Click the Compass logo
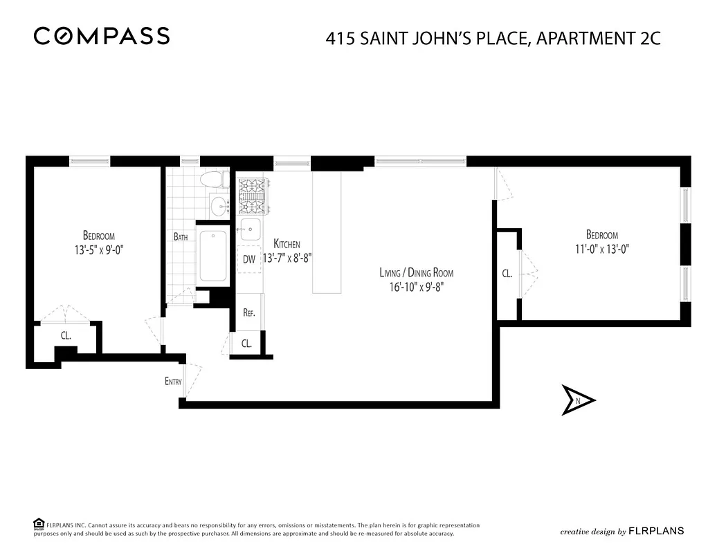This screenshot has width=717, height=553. (x=102, y=36)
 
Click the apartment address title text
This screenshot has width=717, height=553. (x=493, y=38)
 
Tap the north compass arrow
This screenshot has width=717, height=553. (x=577, y=400)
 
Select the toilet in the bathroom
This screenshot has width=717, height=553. (x=214, y=180)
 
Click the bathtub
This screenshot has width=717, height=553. (x=213, y=256)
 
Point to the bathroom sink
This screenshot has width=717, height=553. (x=221, y=205)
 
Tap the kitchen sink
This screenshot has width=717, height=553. (x=249, y=229)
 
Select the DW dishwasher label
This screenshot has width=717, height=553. (x=249, y=259)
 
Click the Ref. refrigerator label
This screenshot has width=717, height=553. (x=249, y=312)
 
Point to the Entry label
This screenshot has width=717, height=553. (x=173, y=381)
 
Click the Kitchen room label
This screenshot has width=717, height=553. (x=287, y=244)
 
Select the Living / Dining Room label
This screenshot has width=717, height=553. (x=416, y=272)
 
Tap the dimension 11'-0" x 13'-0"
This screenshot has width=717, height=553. (x=601, y=249)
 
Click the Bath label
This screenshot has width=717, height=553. (x=181, y=236)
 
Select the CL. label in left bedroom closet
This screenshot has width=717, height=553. (x=66, y=336)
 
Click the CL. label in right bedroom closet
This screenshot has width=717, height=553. (x=507, y=274)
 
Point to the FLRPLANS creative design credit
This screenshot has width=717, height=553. (x=621, y=531)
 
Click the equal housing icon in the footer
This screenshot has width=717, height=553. (x=39, y=523)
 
